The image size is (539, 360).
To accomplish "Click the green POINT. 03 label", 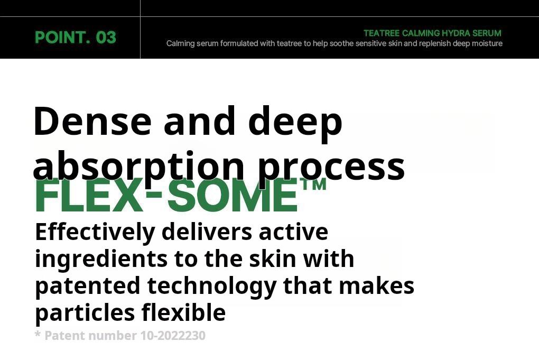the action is [75, 37].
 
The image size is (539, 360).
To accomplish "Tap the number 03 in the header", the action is [106, 37].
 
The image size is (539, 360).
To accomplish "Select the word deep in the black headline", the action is [295, 124].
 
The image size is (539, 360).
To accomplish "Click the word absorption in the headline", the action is [138, 167].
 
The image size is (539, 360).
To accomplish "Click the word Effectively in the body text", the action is [95, 233].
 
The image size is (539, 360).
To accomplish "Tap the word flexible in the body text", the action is [183, 312].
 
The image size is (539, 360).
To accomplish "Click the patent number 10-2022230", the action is [173, 336].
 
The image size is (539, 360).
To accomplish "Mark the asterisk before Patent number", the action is [38, 334].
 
